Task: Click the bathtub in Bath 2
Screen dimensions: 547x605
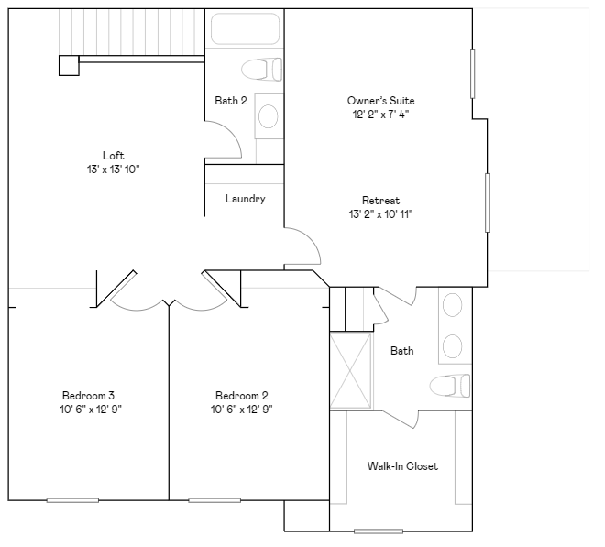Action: [244, 28]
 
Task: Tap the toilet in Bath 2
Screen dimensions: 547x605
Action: [262, 69]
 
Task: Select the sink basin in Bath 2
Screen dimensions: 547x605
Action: [269, 115]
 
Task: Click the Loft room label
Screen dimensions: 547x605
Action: [114, 155]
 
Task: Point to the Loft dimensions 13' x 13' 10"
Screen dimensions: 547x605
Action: [114, 170]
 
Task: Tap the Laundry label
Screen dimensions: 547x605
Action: [245, 199]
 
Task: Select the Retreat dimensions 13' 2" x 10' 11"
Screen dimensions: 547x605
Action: [380, 214]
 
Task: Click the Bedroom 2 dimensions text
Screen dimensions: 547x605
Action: [241, 410]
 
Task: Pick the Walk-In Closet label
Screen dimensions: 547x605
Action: [402, 466]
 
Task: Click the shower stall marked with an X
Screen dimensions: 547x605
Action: [351, 371]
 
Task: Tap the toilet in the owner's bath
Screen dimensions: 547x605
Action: [449, 386]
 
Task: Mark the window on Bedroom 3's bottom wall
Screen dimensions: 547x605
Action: [72, 500]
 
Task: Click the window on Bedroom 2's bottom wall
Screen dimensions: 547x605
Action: [214, 500]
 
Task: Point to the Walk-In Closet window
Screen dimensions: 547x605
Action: [379, 531]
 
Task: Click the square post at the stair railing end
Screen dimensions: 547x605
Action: [68, 64]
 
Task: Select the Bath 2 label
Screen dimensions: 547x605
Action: [231, 101]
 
